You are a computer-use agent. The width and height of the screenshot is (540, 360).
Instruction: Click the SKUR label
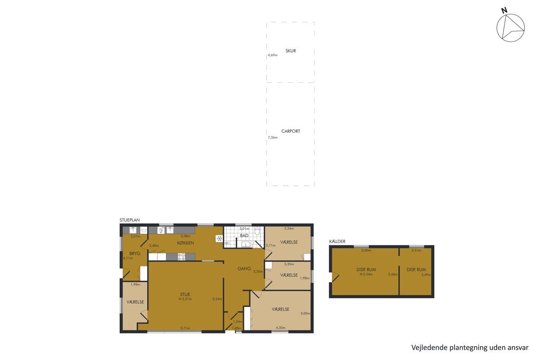pyautogui.click(x=291, y=51)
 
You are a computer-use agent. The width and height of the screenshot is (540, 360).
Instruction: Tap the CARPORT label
pyautogui.click(x=291, y=131)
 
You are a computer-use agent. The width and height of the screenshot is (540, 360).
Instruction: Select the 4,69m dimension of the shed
pyautogui.click(x=273, y=55)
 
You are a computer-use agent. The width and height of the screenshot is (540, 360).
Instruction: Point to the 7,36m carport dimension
pyautogui.click(x=273, y=137)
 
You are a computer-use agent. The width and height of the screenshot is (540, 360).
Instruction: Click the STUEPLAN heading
pyautogui.click(x=130, y=220)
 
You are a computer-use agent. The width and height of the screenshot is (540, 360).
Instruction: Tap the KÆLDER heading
pyautogui.click(x=337, y=241)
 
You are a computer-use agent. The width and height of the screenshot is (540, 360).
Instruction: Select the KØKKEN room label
pyautogui.click(x=185, y=243)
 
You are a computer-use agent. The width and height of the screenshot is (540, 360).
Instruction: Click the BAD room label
pyautogui.click(x=244, y=236)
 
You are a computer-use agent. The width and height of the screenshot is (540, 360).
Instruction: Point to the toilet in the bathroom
pyautogui.click(x=257, y=231)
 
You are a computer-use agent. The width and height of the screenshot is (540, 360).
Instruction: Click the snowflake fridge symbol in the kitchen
pyautogui.click(x=220, y=238)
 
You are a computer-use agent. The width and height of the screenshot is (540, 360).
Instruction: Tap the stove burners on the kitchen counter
pyautogui.click(x=181, y=257)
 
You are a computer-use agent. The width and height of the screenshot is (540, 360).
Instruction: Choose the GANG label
pyautogui.click(x=244, y=268)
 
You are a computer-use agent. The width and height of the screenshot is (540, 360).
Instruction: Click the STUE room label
pyautogui.click(x=185, y=294)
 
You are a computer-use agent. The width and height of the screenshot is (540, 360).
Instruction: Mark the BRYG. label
pyautogui.click(x=135, y=253)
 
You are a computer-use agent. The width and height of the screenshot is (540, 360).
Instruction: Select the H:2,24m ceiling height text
pyautogui.click(x=366, y=274)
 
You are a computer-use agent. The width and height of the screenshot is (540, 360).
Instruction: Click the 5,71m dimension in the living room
pyautogui.click(x=185, y=328)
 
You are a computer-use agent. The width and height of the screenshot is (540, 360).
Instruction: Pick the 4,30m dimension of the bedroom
pyautogui.click(x=281, y=328)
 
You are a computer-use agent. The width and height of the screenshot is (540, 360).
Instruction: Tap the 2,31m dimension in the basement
pyautogui.click(x=416, y=250)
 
